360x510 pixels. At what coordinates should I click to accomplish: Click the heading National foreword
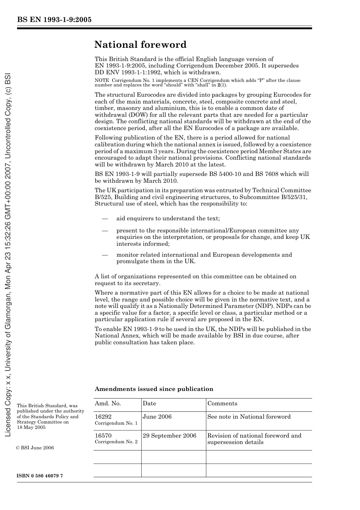[x=140, y=45]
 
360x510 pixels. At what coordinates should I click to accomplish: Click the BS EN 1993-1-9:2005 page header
[x=54, y=20]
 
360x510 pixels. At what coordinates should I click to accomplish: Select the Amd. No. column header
[x=108, y=403]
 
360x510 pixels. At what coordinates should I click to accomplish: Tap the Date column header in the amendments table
[x=149, y=403]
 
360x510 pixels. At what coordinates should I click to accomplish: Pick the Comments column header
[x=222, y=403]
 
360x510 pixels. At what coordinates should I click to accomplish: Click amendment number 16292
[x=103, y=417]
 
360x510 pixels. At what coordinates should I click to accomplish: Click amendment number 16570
[x=103, y=436]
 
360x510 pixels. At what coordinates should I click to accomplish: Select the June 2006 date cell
[x=157, y=417]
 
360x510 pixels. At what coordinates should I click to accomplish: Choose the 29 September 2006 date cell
[x=169, y=436]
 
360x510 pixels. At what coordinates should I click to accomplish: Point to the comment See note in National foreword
[x=249, y=417]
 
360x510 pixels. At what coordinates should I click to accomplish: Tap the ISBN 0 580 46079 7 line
[x=40, y=476]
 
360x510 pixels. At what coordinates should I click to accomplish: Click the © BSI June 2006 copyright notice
[x=35, y=448]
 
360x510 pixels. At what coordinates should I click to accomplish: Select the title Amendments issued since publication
[x=154, y=389]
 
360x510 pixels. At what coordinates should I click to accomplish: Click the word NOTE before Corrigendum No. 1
[x=101, y=80]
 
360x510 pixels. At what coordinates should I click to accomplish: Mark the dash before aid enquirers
[x=105, y=218]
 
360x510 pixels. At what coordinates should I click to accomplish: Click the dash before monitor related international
[x=105, y=255]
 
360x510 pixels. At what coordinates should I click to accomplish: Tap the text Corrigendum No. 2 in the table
[x=116, y=442]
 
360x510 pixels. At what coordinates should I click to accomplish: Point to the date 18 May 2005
[x=31, y=427]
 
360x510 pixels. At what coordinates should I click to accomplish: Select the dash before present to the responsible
[x=105, y=231]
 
